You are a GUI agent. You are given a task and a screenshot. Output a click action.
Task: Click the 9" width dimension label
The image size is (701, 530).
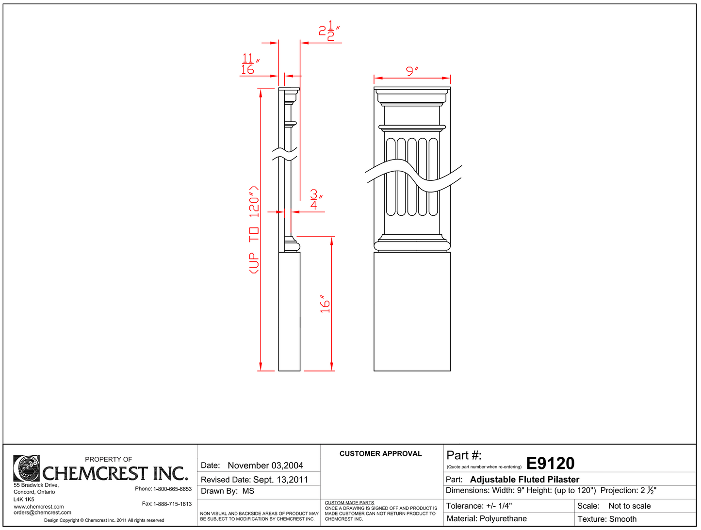click(412, 71)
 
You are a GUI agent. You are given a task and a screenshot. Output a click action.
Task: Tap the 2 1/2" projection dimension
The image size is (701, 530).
click(328, 31)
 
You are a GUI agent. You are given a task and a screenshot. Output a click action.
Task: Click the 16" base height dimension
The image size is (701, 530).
click(325, 304)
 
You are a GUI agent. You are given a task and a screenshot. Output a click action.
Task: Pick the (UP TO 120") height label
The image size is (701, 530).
click(254, 230)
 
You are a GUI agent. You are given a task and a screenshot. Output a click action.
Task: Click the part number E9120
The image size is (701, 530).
click(550, 464)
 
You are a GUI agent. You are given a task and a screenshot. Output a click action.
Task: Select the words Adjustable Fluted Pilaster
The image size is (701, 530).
click(524, 480)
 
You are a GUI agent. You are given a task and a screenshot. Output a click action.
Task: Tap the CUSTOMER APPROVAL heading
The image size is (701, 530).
click(380, 454)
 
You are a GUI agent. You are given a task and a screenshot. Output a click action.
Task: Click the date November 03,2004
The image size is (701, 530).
click(265, 466)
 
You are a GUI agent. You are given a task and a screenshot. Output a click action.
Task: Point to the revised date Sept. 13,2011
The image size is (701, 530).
click(280, 480)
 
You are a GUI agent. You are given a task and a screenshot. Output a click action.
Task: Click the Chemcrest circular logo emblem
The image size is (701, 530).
click(26, 468)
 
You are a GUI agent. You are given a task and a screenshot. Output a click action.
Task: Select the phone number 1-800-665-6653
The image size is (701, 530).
click(172, 489)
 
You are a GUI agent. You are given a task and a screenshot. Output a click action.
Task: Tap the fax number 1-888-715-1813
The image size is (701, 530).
click(172, 504)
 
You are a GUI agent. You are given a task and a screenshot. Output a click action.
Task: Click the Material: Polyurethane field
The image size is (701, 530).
click(487, 519)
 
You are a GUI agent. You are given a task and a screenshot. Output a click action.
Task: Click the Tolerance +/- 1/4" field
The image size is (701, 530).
click(479, 506)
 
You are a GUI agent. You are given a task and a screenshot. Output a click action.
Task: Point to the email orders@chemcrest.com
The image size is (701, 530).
click(42, 513)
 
